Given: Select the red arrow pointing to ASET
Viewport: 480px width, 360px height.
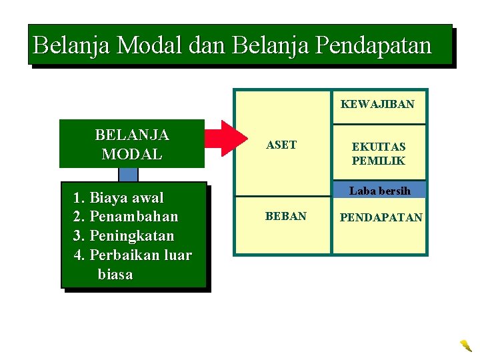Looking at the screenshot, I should pyautogui.click(x=225, y=139).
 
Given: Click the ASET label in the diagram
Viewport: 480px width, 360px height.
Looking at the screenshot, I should pyautogui.click(x=281, y=145).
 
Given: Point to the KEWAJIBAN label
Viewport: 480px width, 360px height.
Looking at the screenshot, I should pyautogui.click(x=377, y=104).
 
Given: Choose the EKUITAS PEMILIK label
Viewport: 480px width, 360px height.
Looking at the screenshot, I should pyautogui.click(x=379, y=153).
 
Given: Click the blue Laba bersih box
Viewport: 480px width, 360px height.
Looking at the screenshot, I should pyautogui.click(x=379, y=191).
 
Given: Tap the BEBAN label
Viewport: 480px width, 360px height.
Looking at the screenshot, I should pyautogui.click(x=285, y=217).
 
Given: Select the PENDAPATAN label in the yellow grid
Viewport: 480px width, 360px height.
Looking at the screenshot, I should pyautogui.click(x=381, y=217).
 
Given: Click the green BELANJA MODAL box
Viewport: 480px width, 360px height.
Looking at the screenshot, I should pyautogui.click(x=131, y=144).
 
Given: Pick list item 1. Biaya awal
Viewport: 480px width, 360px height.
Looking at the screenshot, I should pyautogui.click(x=119, y=197).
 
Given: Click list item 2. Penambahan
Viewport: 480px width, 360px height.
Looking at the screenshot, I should pyautogui.click(x=125, y=217).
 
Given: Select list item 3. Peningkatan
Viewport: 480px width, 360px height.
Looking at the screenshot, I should pyautogui.click(x=123, y=236).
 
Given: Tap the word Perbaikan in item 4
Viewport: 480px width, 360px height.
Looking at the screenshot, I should pyautogui.click(x=121, y=255).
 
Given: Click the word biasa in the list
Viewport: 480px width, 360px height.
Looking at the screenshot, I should pyautogui.click(x=115, y=275).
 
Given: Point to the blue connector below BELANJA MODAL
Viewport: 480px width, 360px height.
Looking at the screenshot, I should pyautogui.click(x=128, y=175).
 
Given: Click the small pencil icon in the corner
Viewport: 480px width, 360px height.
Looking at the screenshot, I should pyautogui.click(x=465, y=345).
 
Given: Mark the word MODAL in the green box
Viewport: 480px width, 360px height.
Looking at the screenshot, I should pyautogui.click(x=131, y=154).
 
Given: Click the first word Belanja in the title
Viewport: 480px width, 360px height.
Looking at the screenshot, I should pyautogui.click(x=72, y=45).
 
